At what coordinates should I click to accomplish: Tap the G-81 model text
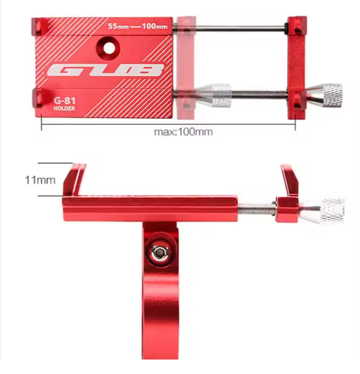click(x=64, y=101)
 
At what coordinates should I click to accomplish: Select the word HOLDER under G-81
click(x=64, y=109)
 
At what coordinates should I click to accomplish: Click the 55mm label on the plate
click(x=118, y=26)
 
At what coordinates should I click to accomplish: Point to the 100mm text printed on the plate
click(x=155, y=26)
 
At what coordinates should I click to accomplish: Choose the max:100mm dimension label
click(x=183, y=132)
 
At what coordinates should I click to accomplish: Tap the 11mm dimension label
click(x=40, y=180)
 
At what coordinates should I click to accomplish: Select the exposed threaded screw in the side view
click(x=256, y=209)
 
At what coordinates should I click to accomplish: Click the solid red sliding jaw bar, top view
click(x=296, y=68)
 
